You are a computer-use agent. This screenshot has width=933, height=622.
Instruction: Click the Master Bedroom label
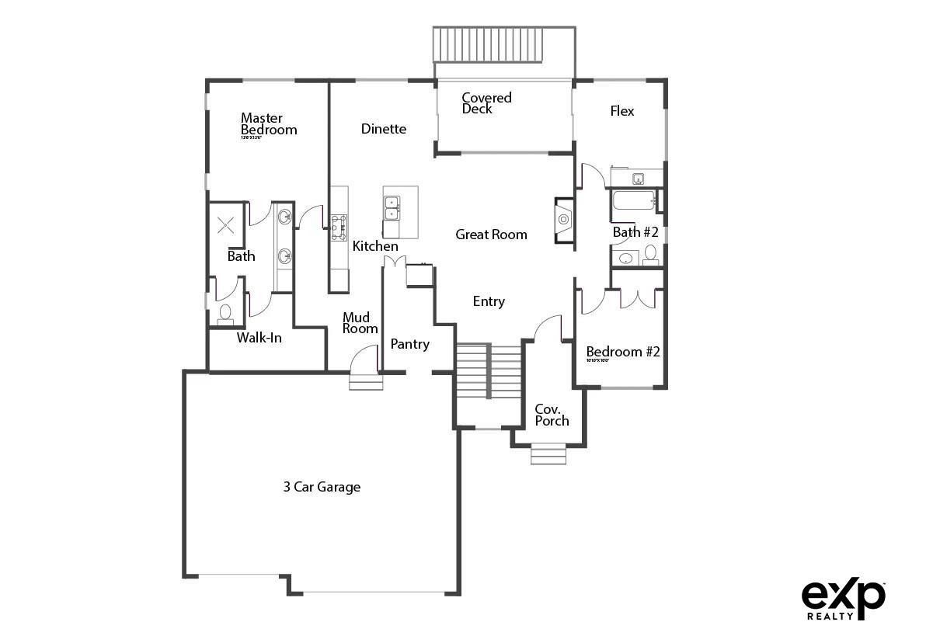point(268,124)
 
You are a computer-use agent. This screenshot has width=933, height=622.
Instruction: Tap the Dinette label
point(384,129)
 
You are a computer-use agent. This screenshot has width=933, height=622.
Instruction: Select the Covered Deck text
point(486,103)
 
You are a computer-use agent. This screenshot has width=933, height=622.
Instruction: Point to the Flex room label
point(621,111)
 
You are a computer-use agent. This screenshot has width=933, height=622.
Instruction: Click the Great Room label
point(491,235)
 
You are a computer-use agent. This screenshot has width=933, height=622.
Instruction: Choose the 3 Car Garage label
point(322,488)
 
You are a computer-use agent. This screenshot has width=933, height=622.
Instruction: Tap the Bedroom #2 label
point(622,352)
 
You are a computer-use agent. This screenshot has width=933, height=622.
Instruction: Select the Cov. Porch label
point(552,415)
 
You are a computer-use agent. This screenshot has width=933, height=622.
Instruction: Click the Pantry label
point(409,344)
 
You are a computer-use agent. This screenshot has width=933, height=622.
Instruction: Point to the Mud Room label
point(360,323)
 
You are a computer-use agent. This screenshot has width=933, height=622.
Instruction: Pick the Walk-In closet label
point(259,338)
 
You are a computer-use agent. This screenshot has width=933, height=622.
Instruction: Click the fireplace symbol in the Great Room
point(563,221)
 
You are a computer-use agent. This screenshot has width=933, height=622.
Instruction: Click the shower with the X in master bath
point(226,226)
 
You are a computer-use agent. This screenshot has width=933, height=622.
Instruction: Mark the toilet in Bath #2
point(650,253)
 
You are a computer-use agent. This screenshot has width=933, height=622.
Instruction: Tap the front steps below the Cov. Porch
point(548,453)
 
